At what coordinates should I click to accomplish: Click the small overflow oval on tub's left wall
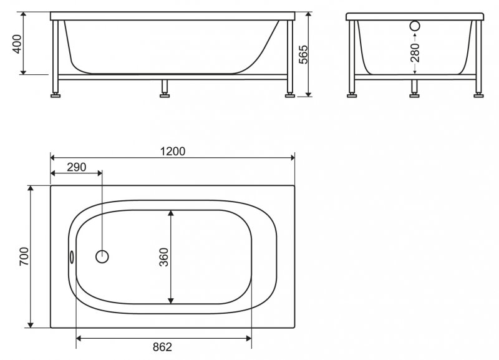[72, 256]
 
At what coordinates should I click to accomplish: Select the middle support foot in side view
[165, 94]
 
